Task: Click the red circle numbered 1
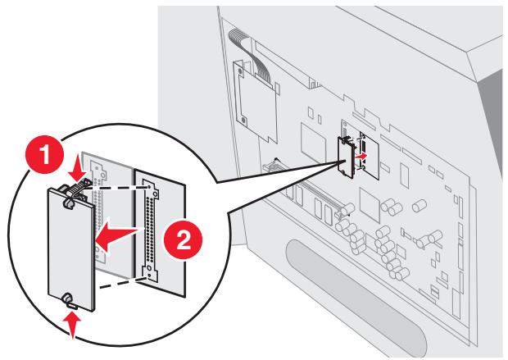[44, 154]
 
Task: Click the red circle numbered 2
[183, 240]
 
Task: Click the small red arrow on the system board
[361, 156]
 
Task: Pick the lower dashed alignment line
[122, 281]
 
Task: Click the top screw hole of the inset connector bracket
[156, 194]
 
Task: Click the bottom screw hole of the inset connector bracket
[148, 269]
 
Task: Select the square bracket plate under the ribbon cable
[255, 100]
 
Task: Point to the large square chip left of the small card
[313, 139]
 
